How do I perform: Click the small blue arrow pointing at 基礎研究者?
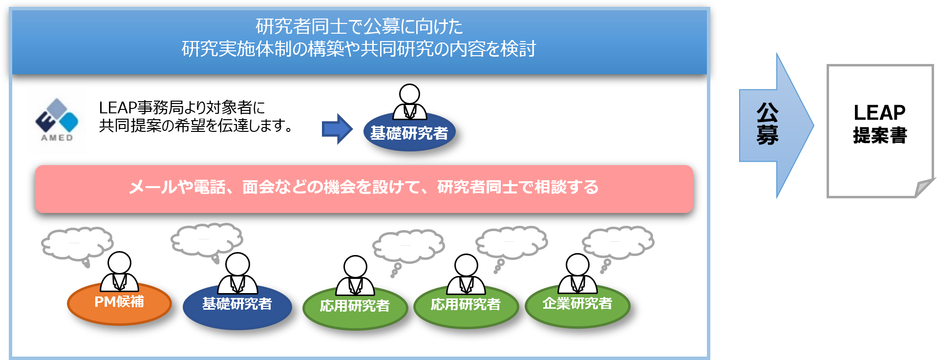click(337, 129)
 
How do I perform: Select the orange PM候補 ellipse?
click(119, 303)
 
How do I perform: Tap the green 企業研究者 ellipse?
click(577, 306)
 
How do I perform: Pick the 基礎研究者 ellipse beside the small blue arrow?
click(409, 132)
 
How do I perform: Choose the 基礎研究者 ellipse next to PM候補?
click(237, 307)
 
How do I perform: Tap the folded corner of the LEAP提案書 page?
click(925, 189)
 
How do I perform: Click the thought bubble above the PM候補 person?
click(77, 244)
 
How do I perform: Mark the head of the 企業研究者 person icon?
click(577, 265)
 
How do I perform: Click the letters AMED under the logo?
click(57, 138)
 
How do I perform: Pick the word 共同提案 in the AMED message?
click(130, 126)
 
